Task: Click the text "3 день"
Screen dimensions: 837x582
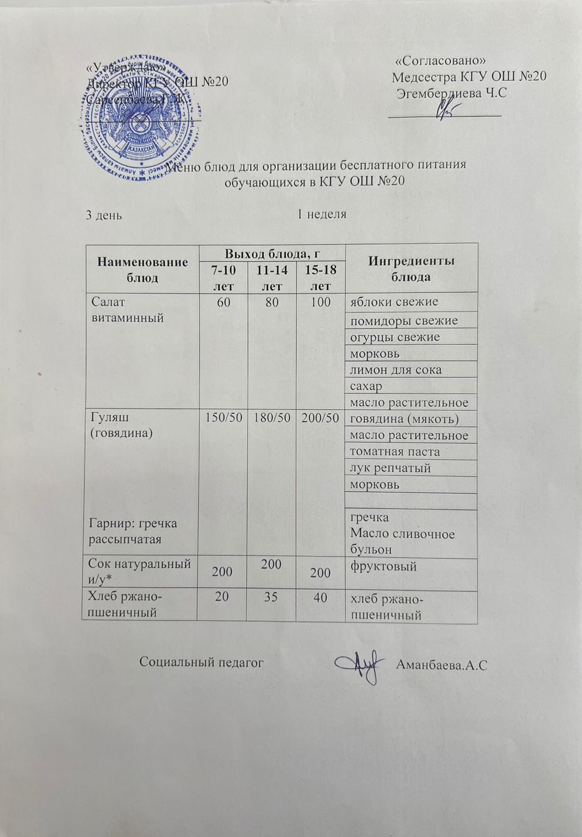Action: pos(104,214)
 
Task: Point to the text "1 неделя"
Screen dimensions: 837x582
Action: pos(321,214)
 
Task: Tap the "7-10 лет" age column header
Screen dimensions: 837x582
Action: pos(223,278)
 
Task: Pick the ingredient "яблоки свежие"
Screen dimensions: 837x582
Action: pos(394,302)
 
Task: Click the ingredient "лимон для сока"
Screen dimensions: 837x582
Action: pos(395,369)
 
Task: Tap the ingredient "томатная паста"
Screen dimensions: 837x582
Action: pos(394,451)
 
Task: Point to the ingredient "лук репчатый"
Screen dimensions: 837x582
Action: pos(390,468)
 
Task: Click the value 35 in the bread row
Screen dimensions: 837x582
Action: pos(271,596)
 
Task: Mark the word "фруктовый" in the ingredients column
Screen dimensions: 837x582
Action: pos(383,566)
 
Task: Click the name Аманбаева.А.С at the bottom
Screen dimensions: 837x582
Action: pos(442,665)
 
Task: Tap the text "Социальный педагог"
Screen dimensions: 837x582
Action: pos(201,662)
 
